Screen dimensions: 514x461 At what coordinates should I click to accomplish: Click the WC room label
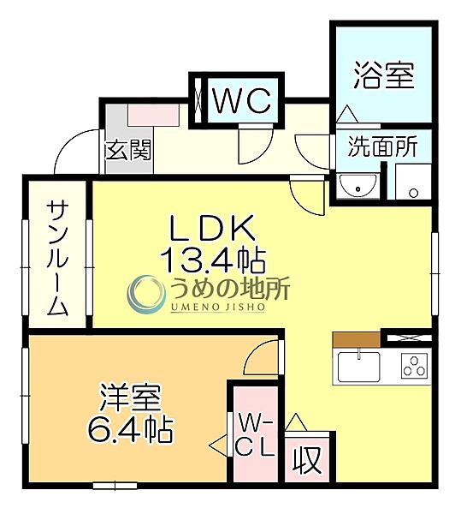(242, 100)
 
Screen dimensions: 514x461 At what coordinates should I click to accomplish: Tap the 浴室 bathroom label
(384, 75)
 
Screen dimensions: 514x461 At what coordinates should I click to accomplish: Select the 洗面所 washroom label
(382, 146)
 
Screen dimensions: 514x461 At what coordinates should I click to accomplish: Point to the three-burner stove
(412, 367)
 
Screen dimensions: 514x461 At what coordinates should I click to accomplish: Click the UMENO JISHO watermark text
(210, 306)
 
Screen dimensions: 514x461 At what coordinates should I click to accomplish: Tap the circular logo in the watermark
(145, 294)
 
